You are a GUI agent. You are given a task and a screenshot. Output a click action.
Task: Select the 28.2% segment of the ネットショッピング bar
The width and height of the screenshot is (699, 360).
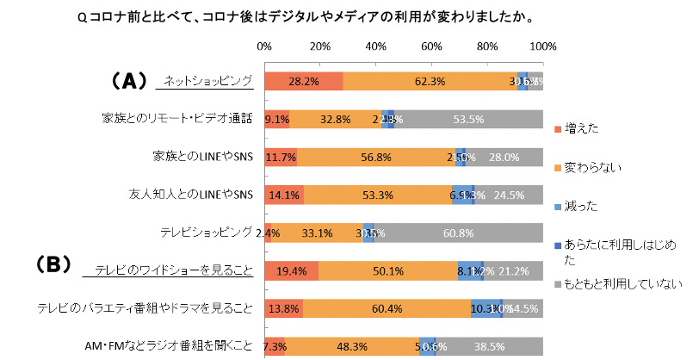303,82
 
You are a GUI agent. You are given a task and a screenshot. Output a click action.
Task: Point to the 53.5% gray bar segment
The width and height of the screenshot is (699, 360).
468,120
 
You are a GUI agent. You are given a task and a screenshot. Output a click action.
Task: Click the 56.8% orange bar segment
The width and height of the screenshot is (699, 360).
376,158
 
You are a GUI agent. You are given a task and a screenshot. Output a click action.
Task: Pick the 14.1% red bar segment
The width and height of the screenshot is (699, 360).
284,196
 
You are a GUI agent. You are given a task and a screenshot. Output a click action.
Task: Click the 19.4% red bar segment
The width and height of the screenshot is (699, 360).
291,270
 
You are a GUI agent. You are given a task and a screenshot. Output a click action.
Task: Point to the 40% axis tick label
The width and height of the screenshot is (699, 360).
375,46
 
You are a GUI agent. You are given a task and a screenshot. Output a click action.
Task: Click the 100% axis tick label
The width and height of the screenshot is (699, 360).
542,46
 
